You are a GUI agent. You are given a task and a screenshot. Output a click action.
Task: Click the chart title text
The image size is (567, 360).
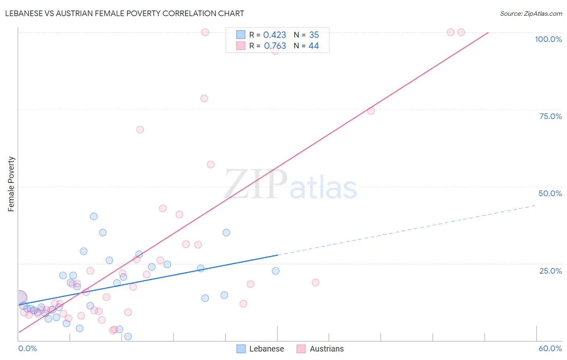click(125, 13)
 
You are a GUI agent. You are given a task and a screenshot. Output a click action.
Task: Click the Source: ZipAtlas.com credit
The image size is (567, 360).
click(531, 13)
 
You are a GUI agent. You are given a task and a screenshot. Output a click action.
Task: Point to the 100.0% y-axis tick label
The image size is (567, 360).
click(548, 39)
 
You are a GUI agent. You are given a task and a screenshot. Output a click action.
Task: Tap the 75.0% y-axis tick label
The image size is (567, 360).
click(550, 116)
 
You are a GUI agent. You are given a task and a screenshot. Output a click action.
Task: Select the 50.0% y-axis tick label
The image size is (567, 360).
click(550, 193)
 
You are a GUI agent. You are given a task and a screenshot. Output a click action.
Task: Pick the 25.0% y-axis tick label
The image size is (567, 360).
click(550, 271)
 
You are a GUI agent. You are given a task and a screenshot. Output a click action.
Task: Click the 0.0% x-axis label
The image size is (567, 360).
click(27, 348)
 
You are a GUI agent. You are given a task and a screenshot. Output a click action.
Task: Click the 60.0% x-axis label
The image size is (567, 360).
click(550, 348)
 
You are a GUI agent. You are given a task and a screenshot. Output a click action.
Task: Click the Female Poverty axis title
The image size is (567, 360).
click(11, 184)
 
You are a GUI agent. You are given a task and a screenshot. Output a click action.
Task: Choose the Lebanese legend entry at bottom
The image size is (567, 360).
click(260, 349)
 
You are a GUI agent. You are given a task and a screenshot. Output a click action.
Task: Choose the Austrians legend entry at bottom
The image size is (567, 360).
click(320, 349)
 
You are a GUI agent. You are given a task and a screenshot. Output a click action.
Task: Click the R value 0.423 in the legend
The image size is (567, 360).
click(275, 35)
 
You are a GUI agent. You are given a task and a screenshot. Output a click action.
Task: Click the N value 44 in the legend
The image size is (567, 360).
click(313, 46)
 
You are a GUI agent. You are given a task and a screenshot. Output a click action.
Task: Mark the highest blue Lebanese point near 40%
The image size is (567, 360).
click(94, 216)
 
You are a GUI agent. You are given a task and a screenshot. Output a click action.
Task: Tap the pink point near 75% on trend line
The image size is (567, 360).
click(371, 111)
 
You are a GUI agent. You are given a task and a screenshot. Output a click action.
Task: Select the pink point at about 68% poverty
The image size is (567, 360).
click(140, 130)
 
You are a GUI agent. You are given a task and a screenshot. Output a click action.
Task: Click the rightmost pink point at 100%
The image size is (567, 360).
click(461, 32)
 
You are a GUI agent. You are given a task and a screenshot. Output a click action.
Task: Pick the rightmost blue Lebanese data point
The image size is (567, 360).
click(275, 271)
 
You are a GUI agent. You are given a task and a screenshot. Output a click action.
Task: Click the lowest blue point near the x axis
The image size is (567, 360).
click(128, 336)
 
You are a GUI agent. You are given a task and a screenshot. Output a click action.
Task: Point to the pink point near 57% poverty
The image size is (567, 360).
click(211, 164)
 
